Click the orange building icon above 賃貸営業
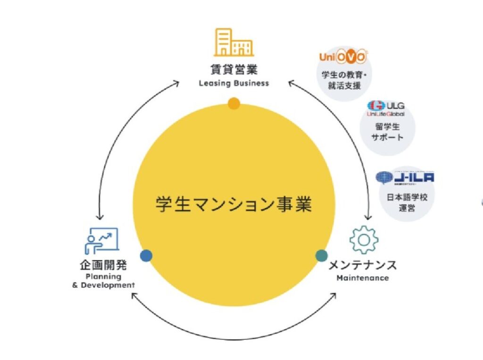pyautogui.click(x=233, y=42)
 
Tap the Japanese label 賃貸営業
pyautogui.click(x=233, y=70)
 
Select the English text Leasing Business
pyautogui.click(x=233, y=84)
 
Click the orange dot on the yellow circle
pyautogui.click(x=233, y=103)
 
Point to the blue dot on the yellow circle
pyautogui.click(x=146, y=256)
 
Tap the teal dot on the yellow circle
pyautogui.click(x=321, y=256)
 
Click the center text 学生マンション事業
pyautogui.click(x=233, y=204)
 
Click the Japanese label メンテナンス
pyautogui.click(x=363, y=265)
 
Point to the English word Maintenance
pyautogui.click(x=363, y=278)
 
